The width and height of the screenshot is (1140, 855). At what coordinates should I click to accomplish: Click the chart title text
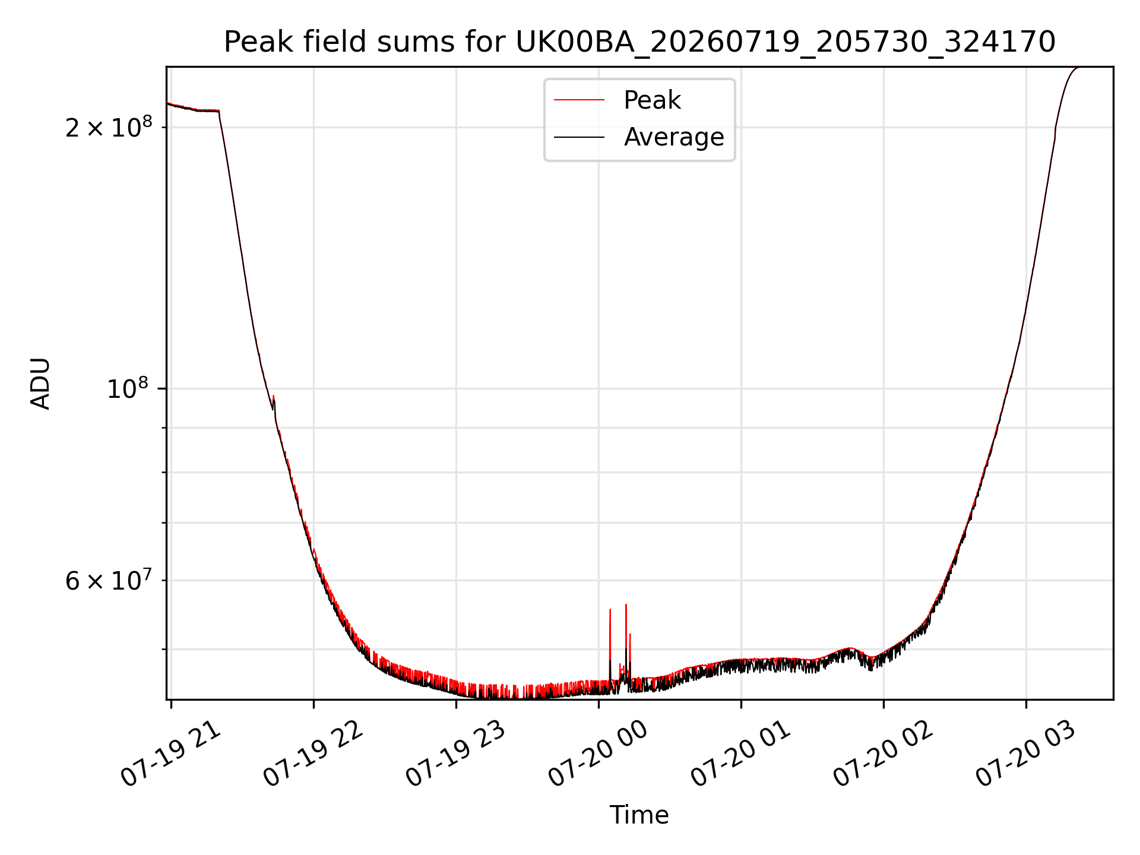click(639, 42)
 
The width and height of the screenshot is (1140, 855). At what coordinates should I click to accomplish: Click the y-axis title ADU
click(40, 384)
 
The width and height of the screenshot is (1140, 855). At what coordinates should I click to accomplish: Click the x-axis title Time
click(639, 815)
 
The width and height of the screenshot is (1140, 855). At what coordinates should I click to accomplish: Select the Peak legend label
click(652, 100)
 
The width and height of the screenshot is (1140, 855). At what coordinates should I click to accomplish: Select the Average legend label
click(674, 137)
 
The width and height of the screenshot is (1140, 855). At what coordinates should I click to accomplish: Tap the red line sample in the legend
click(579, 100)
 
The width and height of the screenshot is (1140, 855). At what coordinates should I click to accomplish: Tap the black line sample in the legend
click(579, 137)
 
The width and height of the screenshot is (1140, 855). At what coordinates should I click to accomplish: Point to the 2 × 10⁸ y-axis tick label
click(109, 126)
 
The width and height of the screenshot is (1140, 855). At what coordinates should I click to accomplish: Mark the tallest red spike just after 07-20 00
click(626, 605)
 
